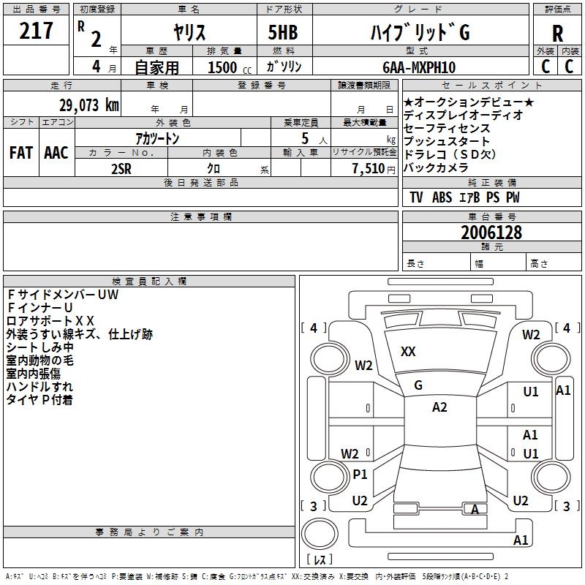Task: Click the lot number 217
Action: coord(37,31)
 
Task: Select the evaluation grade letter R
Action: coord(557,34)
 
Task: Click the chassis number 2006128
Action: coord(491,233)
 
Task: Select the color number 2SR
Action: coord(122,167)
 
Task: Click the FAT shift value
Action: coord(21,153)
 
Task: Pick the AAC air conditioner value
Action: coord(56,153)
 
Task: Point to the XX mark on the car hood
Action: coord(408,352)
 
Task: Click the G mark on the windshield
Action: coord(418,385)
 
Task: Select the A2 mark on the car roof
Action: coord(439,407)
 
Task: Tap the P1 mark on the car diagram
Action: coord(360,474)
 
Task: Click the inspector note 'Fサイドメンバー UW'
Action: coord(62,295)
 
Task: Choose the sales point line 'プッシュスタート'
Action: coord(447,141)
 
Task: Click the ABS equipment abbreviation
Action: coord(442,197)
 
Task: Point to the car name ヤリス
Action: coord(189,33)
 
